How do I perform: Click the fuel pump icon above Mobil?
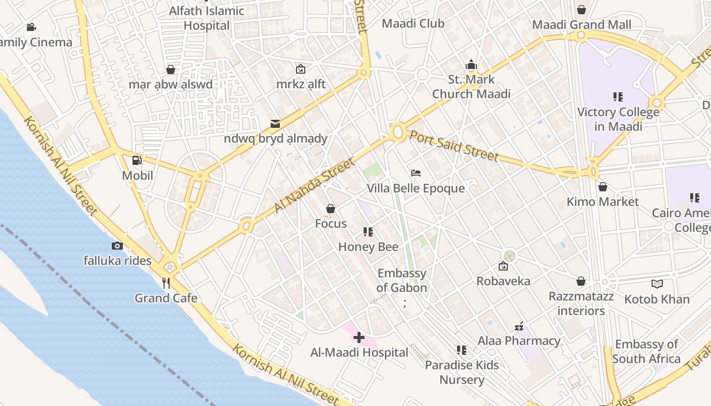coord(137,160)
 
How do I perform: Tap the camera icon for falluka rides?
coord(117,246)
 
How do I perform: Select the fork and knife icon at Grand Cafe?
coord(166,283)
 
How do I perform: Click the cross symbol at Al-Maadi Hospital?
coord(359,337)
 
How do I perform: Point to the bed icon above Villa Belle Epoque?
coord(416,173)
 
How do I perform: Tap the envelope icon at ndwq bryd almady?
coord(275,123)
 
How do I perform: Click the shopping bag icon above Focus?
coord(331,209)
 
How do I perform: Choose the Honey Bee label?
coord(368,247)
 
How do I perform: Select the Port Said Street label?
coord(454,146)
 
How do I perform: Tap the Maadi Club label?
coord(413,23)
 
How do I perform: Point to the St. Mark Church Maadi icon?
coord(471,64)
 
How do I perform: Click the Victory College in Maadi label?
coord(618,119)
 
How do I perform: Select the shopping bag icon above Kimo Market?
coord(603,187)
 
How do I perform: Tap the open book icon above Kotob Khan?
coord(657,284)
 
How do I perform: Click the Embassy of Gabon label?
coord(402,280)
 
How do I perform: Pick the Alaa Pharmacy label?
coord(519,341)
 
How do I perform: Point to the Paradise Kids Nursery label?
coord(462,372)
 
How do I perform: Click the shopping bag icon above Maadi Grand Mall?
coord(581,10)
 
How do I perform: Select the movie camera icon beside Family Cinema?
coord(31,27)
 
